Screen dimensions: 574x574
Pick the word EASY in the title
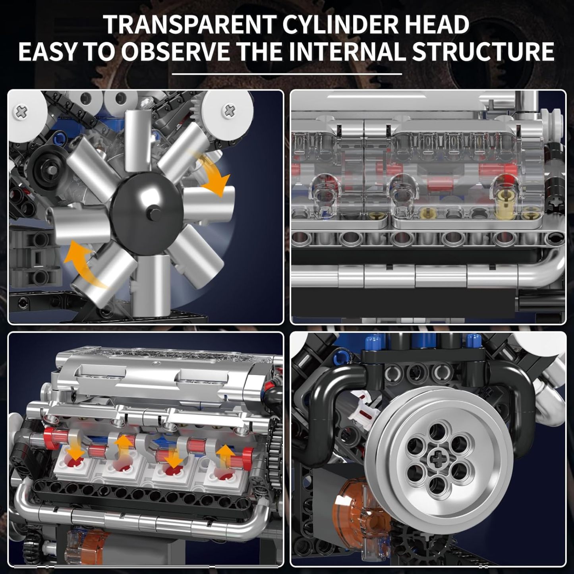point(46,52)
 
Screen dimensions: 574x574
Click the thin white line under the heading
point(287,74)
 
